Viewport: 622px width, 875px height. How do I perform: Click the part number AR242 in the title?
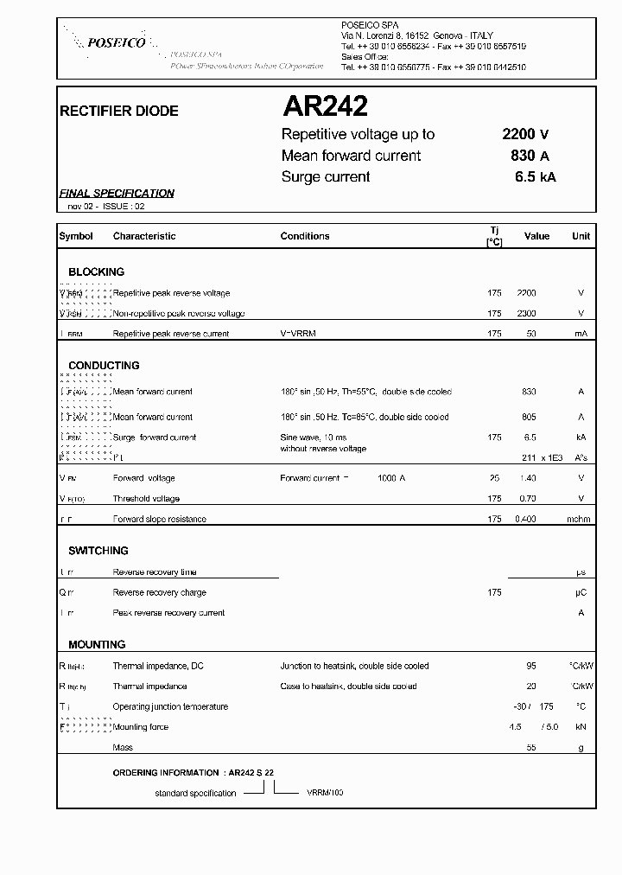(x=325, y=106)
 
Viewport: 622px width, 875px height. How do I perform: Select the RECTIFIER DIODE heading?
(x=118, y=112)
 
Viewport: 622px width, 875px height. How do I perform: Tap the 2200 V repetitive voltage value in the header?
(x=525, y=134)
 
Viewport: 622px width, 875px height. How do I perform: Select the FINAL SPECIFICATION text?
(x=117, y=194)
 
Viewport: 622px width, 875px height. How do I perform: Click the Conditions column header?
(x=305, y=236)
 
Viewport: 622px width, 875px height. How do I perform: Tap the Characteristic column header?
(x=144, y=236)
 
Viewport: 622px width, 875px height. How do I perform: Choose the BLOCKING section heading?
(x=97, y=271)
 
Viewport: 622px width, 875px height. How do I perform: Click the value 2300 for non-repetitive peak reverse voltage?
(x=526, y=313)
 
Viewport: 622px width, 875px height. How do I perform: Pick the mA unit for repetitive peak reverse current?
(x=581, y=334)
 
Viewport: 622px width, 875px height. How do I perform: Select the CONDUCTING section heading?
(x=104, y=366)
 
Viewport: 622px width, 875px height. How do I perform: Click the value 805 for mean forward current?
(x=529, y=417)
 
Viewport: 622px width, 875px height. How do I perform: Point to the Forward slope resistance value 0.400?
(x=525, y=519)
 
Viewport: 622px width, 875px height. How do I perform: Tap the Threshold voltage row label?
(x=146, y=499)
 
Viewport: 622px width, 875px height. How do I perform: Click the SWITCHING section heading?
(x=98, y=551)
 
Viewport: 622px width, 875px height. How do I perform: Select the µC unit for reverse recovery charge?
(x=581, y=592)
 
